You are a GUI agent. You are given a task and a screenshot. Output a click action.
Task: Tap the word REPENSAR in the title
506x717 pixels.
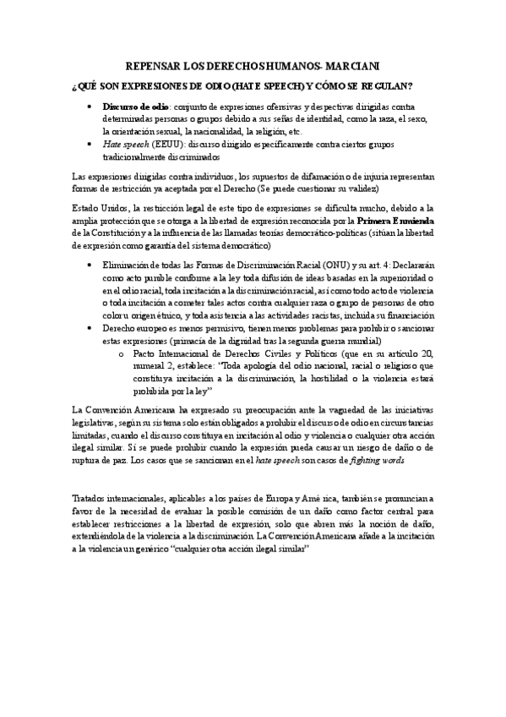[x=153, y=66]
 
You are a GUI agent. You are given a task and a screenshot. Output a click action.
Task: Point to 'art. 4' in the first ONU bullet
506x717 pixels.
[x=367, y=265]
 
